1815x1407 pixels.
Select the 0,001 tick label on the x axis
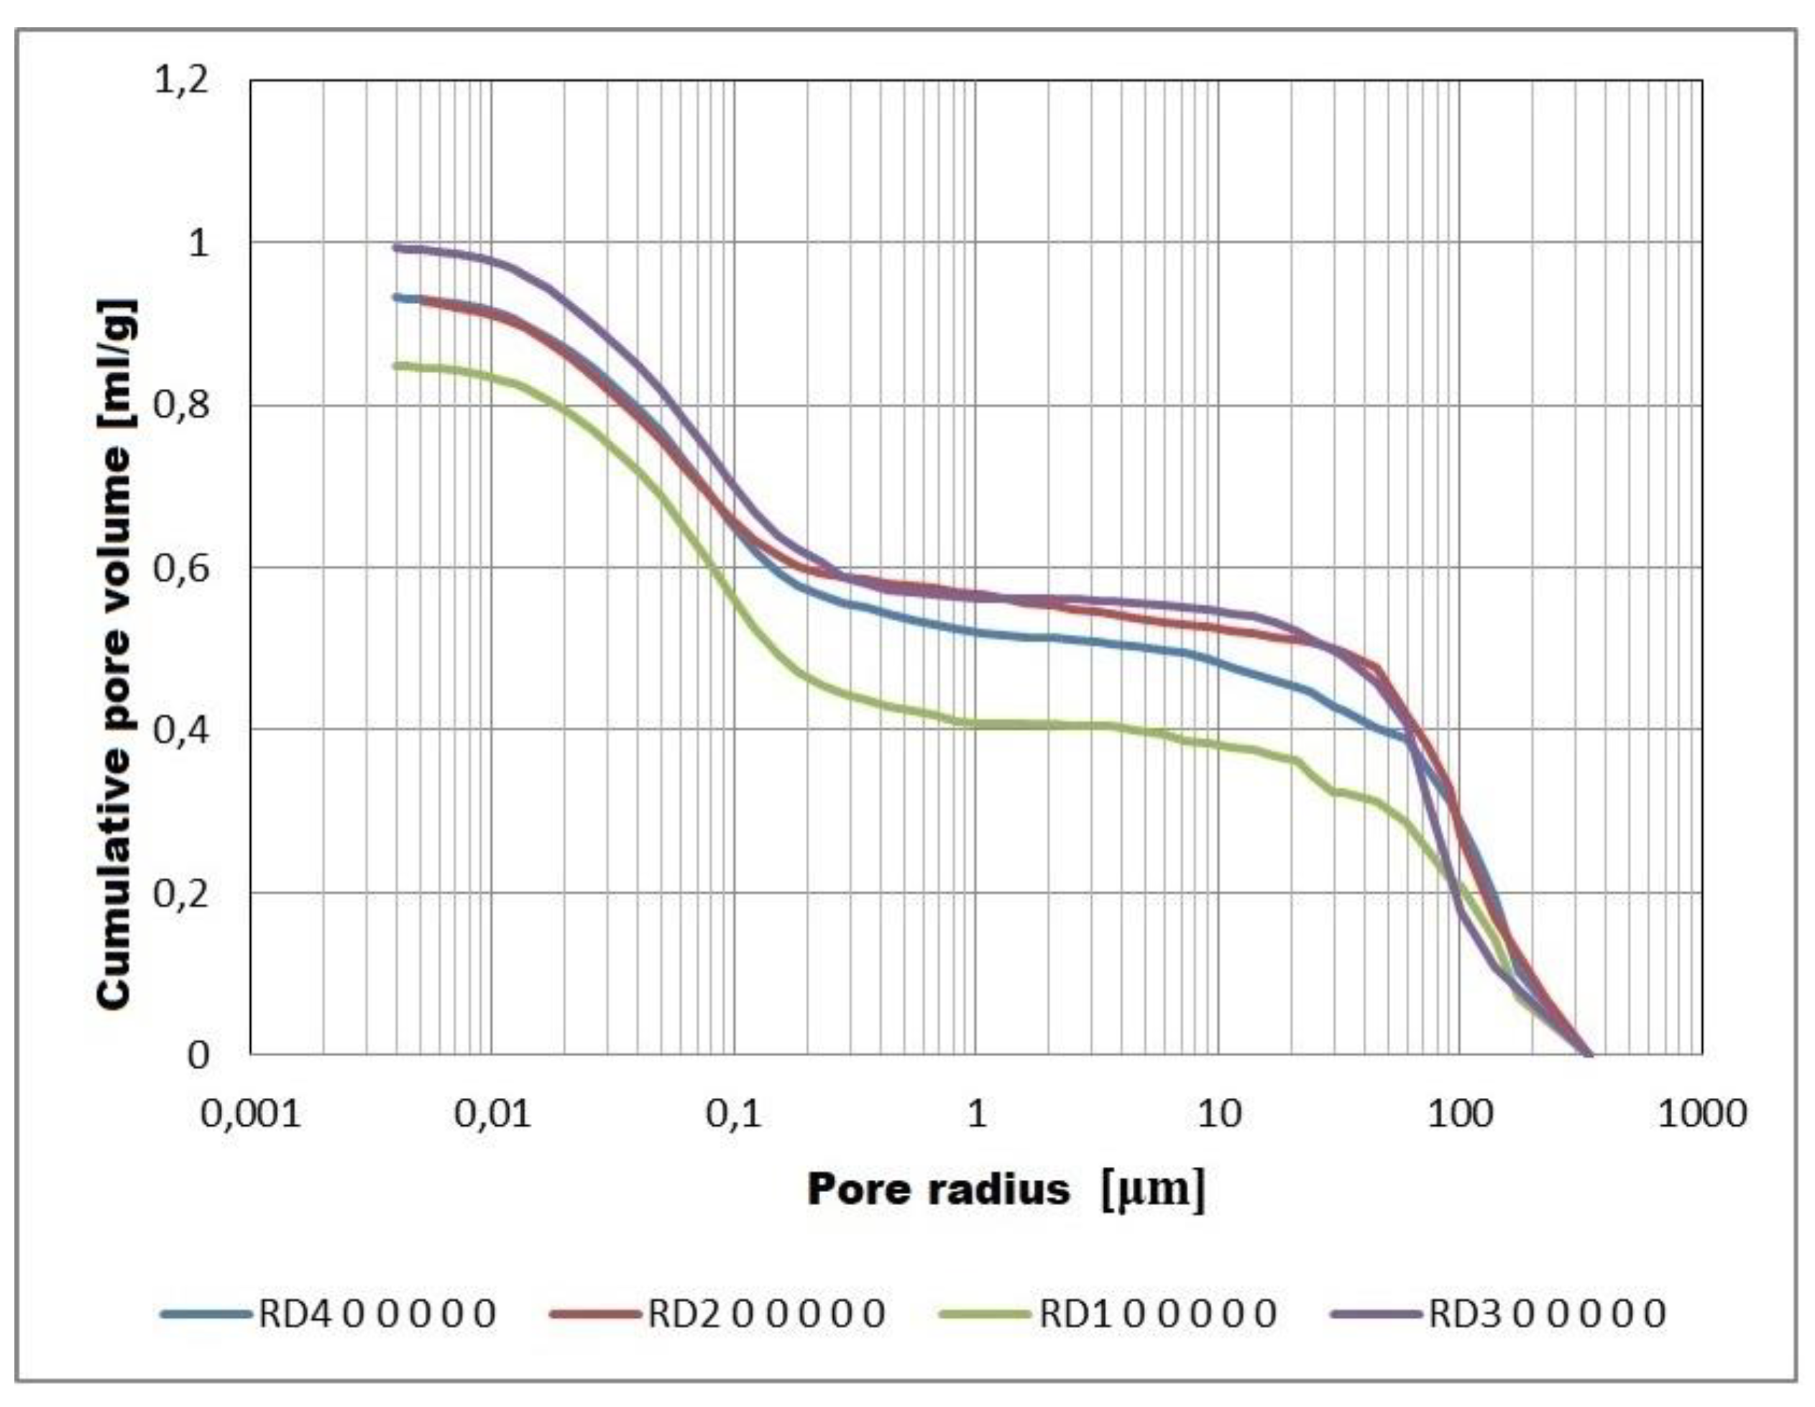250,1114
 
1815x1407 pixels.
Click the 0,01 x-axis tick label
492,1114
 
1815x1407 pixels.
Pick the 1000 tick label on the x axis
1701,1114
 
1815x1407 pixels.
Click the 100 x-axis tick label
1460,1114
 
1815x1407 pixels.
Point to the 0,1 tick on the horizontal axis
734,1114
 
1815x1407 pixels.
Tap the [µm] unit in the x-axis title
1153,1189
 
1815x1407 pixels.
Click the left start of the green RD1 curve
398,365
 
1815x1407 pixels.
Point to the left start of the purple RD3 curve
398,247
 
